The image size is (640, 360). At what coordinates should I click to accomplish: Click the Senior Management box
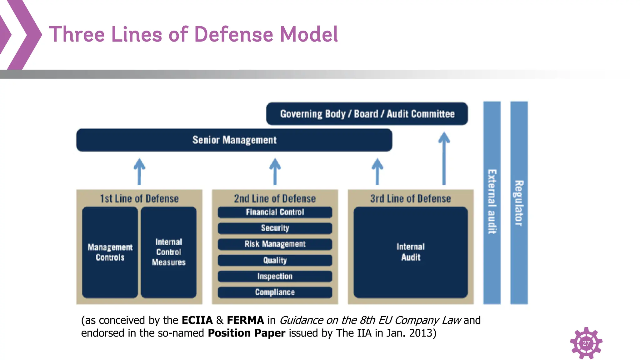point(234,140)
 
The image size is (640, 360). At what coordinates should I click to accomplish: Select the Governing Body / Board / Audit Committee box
point(367,114)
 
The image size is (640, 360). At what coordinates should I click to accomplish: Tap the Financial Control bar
point(275,212)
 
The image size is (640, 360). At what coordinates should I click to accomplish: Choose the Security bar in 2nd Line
point(275,228)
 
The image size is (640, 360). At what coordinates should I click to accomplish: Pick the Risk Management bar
point(275,244)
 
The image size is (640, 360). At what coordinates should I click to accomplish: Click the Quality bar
point(275,260)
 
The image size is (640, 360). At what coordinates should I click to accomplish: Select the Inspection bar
point(275,276)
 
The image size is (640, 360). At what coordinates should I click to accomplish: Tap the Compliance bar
point(275,292)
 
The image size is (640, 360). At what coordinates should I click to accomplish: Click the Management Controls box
point(110,252)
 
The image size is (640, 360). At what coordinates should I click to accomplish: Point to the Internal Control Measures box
point(169,252)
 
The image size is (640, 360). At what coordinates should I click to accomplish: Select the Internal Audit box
point(411,252)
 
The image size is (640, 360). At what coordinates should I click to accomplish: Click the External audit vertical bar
point(492,202)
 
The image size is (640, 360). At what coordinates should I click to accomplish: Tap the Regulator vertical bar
point(519,202)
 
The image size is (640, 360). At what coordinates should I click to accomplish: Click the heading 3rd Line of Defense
point(411,198)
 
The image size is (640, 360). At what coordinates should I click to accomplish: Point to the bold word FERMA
point(245,320)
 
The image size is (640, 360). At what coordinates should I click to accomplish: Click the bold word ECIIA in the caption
point(197,320)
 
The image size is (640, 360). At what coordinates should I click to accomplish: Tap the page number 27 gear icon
point(586,343)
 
